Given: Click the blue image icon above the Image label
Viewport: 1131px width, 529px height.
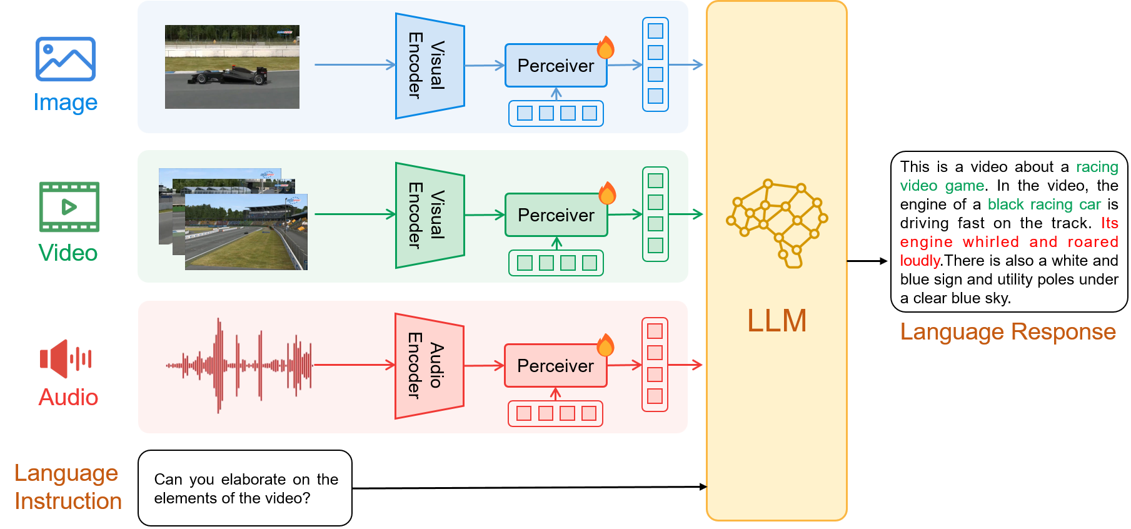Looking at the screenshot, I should [x=66, y=59].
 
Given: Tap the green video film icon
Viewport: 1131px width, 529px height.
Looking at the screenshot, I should [x=69, y=207].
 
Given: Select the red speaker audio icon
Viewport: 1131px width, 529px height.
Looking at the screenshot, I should [x=65, y=358].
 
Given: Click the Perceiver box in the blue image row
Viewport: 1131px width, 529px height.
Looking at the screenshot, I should [x=556, y=66].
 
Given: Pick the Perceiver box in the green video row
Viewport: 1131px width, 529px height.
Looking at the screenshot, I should [x=556, y=215].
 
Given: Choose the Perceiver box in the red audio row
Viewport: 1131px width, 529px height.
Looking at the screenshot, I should [x=555, y=366].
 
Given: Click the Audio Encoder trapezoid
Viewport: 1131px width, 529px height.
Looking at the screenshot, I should [x=429, y=366].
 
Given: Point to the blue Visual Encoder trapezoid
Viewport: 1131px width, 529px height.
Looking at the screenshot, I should [x=430, y=66].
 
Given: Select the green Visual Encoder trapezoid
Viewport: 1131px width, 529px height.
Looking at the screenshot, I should [x=430, y=215].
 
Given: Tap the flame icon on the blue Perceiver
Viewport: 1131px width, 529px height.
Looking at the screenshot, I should [x=605, y=48].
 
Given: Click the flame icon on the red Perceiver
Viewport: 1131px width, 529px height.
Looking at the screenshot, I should [x=605, y=345].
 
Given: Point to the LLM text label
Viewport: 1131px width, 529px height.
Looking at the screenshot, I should [x=777, y=321].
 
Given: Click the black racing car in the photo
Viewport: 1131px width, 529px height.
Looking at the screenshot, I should [x=228, y=76].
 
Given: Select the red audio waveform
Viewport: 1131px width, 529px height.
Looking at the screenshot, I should [x=239, y=365].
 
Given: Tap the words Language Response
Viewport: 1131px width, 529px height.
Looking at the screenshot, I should [x=1008, y=331].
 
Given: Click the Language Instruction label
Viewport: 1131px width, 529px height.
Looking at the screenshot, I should [x=68, y=487].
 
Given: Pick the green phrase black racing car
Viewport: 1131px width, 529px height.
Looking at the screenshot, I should [x=1044, y=204].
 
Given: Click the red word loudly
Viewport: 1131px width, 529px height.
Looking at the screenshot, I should [x=920, y=261].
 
